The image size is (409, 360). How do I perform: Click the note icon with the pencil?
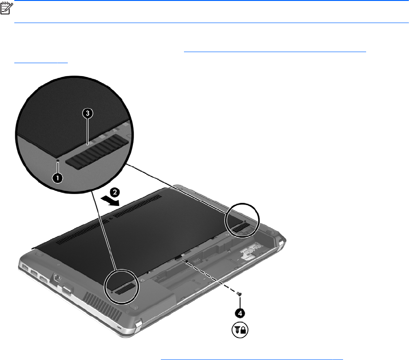[x=6, y=8]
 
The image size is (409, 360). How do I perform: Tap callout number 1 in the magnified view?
[x=57, y=178]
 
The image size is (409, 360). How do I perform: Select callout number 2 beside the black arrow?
[x=115, y=193]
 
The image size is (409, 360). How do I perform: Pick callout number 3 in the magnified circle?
[x=88, y=113]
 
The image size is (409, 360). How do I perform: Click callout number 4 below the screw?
[x=240, y=313]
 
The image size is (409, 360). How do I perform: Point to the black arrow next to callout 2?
[x=110, y=201]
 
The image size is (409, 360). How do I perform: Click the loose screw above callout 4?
[x=239, y=294]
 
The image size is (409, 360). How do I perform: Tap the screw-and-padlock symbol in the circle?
[x=240, y=330]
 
